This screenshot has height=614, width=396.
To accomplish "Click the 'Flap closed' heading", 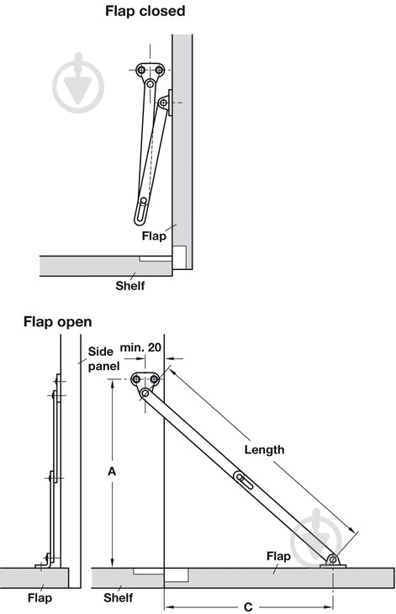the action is tap(145, 12).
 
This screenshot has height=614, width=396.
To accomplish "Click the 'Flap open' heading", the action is tap(57, 322).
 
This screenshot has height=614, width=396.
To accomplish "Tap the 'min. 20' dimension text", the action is tap(140, 347).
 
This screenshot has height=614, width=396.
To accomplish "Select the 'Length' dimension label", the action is tap(264, 449).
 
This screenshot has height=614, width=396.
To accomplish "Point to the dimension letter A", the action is tap(112, 472).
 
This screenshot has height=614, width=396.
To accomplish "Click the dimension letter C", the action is tap(248, 607).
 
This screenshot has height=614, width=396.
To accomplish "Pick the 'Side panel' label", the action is tap(103, 358).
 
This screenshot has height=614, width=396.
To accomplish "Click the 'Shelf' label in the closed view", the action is tap(130, 286).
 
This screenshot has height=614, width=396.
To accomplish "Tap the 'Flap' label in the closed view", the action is tap(154, 236).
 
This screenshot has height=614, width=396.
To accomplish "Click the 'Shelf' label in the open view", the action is tap(119, 598).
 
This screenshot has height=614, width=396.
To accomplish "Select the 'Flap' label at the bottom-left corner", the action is tap(40, 598).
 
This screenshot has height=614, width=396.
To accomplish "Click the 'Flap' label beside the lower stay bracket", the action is tap(278, 557).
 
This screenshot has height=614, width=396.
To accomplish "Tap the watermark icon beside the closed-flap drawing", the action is tap(78, 83).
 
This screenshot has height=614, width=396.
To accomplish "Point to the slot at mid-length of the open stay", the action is tap(243, 480).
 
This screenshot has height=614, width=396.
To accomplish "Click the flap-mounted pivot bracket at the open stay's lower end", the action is tap(333, 562).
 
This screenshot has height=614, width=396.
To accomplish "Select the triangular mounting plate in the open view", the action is tap(145, 379).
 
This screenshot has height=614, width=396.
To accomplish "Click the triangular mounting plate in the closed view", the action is tap(150, 71).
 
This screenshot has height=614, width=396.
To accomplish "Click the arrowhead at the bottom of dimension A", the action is tap(113, 563).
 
